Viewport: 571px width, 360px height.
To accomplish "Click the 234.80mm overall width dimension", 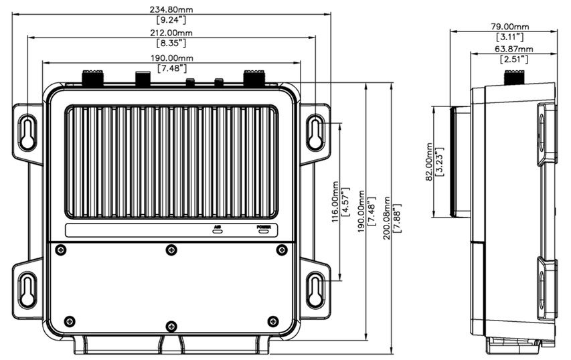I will click(x=171, y=9).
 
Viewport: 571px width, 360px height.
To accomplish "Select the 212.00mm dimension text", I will click(x=171, y=33).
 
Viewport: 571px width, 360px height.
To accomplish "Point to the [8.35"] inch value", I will click(x=171, y=43).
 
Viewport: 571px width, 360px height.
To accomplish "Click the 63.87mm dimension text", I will click(x=513, y=49).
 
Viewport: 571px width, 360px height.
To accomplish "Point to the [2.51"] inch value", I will click(x=513, y=60).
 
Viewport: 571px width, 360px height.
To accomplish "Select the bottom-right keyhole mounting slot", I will click(x=315, y=288).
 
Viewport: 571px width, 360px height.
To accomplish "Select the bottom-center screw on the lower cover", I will click(x=171, y=326).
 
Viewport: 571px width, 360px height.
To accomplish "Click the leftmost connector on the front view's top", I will click(x=90, y=77).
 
